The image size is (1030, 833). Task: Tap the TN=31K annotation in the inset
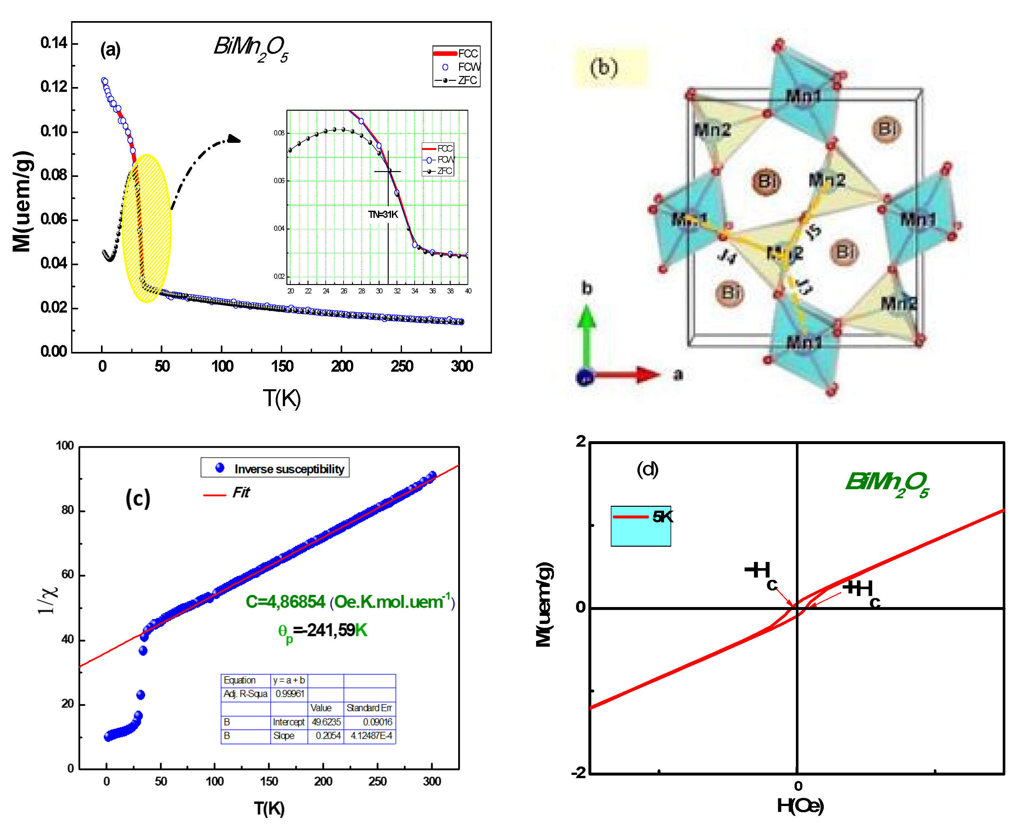(x=383, y=215)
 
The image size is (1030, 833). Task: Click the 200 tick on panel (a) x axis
(x=342, y=367)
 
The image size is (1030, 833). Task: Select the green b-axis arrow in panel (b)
(x=586, y=336)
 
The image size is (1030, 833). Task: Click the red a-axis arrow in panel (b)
(x=629, y=375)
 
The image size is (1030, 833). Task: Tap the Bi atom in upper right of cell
(x=886, y=129)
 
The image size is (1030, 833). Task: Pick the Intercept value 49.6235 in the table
(x=326, y=722)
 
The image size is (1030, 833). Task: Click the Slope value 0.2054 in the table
(x=328, y=736)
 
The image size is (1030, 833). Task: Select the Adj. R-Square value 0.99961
(x=289, y=694)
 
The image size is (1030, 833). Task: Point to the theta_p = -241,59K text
(x=322, y=631)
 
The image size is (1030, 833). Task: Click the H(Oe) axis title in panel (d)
(x=800, y=806)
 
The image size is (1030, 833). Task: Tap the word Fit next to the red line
(x=241, y=493)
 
